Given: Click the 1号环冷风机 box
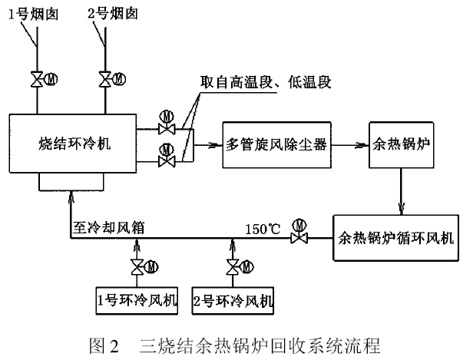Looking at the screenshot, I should tap(137, 299).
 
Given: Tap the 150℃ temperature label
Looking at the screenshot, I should tap(263, 228).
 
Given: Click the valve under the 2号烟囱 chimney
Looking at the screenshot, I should tap(104, 79).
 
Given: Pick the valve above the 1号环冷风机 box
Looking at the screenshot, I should tap(137, 268).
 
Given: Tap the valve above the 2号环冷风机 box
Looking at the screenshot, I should tap(232, 268).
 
